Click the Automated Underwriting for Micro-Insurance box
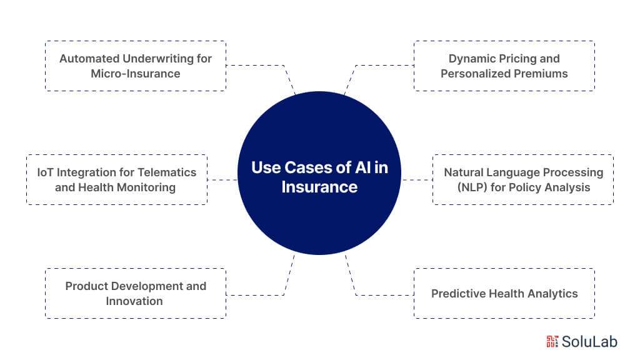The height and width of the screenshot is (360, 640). [136, 66]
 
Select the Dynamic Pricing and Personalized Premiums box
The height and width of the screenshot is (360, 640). [504, 66]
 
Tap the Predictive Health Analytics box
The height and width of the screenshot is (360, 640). [504, 294]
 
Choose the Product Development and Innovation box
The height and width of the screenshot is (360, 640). [136, 294]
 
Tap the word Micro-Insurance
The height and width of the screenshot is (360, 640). [136, 74]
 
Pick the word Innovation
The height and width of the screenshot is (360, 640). [136, 301]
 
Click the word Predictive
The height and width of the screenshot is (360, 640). [457, 294]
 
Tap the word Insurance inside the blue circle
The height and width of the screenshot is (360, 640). [319, 187]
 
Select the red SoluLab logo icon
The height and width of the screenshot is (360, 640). [552, 341]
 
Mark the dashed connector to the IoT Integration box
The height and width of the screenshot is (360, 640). [222, 180]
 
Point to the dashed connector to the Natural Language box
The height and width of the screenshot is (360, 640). [417, 180]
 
